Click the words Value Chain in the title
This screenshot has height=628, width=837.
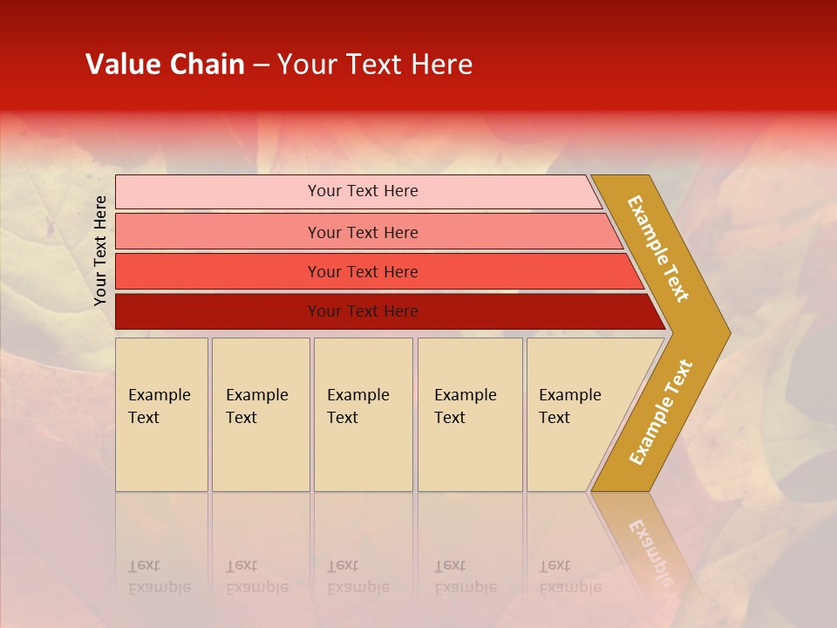coord(165,65)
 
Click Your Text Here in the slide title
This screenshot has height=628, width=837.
coord(375,65)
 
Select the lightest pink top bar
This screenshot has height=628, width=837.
coord(218,191)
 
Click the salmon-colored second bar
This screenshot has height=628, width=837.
coord(218,232)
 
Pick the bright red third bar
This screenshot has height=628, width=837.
coord(218,271)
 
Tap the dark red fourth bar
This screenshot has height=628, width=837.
coord(218,311)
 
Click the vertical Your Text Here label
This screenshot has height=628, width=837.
coord(100,250)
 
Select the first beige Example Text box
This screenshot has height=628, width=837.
coord(161,414)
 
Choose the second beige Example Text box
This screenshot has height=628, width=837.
coord(261,414)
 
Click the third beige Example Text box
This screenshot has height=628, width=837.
coord(363,414)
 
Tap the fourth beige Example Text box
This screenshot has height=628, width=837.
coord(470,414)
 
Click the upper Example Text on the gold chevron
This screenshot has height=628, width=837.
coord(658,249)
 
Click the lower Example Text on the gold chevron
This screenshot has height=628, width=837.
coord(661,412)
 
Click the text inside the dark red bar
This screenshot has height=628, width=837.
coord(363,311)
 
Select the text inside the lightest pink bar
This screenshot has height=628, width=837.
coord(363,191)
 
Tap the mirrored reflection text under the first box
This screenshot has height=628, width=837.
coord(159,577)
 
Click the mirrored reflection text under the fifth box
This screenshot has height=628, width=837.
coord(569,577)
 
